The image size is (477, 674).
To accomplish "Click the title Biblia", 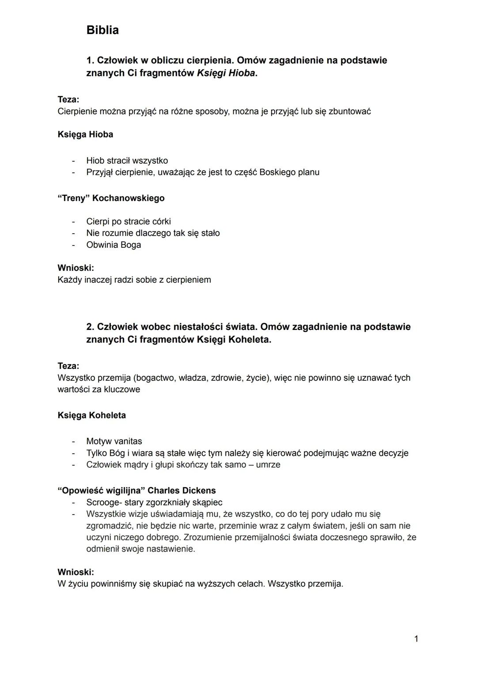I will point(102,30).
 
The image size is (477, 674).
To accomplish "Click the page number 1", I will point(416,638).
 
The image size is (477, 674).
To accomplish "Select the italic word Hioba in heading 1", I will point(241,73).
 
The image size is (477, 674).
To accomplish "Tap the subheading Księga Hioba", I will point(85,134).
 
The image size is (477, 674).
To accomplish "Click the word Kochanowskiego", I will point(128,198).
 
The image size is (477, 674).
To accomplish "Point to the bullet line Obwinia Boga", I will point(114,245).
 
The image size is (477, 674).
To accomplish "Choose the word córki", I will point(158,221).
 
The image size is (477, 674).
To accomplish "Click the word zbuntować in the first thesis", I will point(349,111).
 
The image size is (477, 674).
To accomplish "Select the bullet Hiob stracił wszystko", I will point(127,160).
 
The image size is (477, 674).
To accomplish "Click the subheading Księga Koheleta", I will point(91,415).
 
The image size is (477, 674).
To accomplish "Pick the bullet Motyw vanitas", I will point(114,441).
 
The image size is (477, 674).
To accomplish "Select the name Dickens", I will point(199,490).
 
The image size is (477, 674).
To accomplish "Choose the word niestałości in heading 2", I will point(196,327).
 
